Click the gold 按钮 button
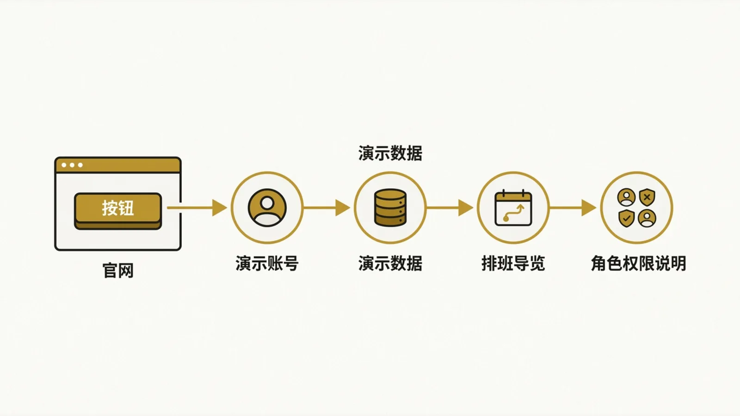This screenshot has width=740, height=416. tap(118, 211)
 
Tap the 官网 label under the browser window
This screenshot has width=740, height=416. tap(118, 271)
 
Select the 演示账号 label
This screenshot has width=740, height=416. tap(267, 263)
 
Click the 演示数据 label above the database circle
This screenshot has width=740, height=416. tap(390, 153)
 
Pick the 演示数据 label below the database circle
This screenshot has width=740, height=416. tap(390, 263)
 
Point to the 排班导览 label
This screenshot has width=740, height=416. tap(513, 263)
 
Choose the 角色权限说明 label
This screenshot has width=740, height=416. tap(638, 263)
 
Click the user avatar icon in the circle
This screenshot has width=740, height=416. tap(267, 208)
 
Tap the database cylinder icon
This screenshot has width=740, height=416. tap(390, 208)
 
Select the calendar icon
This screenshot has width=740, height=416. tap(513, 208)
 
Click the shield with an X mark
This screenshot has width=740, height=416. tap(647, 197)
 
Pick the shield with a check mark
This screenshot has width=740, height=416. tap(626, 218)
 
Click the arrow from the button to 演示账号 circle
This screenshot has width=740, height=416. tap(197, 208)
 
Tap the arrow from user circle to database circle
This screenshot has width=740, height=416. tap(327, 208)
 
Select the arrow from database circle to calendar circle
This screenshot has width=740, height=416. tap(450, 208)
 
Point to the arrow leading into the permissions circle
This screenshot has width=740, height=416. tap(573, 208)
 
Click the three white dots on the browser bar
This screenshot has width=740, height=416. tap(72, 165)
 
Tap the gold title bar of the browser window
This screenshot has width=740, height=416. tap(118, 165)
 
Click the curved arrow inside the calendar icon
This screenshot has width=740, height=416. tap(513, 213)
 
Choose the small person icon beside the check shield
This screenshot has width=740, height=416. tap(647, 218)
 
